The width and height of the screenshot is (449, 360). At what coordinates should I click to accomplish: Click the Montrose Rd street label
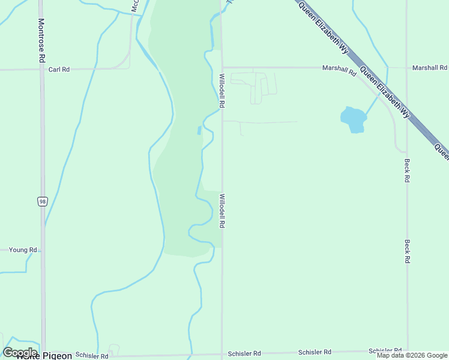pos(41,41)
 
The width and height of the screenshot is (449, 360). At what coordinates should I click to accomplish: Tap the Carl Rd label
pos(59,70)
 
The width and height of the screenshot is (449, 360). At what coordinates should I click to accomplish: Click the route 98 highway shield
pos(42,202)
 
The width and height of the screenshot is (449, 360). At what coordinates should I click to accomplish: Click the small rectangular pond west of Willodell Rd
pos(199,130)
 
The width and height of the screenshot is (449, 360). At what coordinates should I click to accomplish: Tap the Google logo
pos(20,352)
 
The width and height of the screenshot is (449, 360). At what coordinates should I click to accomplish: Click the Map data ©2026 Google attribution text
pos(412,355)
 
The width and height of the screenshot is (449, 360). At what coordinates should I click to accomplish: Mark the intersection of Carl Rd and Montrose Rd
pos(41,70)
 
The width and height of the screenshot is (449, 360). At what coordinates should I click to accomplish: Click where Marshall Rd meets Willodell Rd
pos(222,67)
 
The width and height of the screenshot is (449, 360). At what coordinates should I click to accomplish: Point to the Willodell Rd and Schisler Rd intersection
pos(222,353)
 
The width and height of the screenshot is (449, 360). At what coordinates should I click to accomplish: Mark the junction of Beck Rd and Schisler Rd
pos(407,351)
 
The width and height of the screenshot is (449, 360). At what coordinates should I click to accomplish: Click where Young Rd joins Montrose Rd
pos(42,250)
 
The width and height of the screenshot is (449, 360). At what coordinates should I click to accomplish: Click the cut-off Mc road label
pos(135,6)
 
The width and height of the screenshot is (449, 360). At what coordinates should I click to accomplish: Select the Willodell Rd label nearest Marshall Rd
pos(221,91)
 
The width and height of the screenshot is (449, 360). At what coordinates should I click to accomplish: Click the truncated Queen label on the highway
pos(441,151)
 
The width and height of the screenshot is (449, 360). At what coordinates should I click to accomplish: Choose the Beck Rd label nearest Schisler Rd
pos(407,251)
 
